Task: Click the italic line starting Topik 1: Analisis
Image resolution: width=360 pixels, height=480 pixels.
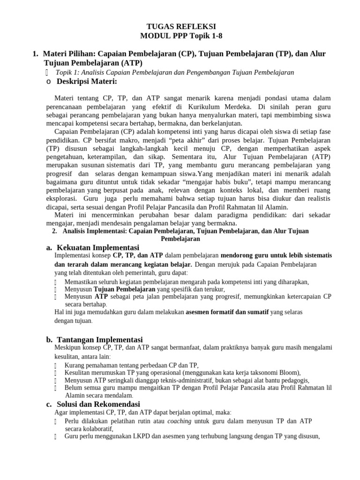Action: tap(174, 72)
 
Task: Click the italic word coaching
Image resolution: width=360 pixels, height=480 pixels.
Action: tap(180, 421)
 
